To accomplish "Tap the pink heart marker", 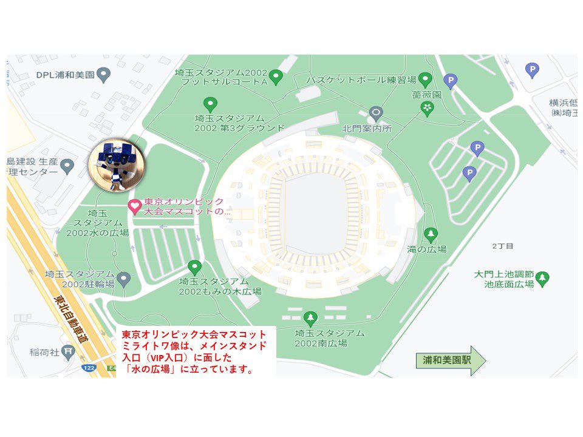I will [134, 207].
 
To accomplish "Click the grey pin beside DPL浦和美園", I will [104, 75].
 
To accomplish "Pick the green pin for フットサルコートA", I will [276, 76].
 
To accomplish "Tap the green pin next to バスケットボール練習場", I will [425, 79].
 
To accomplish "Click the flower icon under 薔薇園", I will [428, 108].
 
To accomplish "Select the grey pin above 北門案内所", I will [376, 113].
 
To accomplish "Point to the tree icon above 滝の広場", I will [431, 234].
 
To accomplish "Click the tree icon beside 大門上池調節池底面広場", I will [543, 279].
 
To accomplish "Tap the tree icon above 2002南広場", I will [310, 317].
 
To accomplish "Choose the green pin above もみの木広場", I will [194, 266].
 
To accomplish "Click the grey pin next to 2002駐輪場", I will [124, 279].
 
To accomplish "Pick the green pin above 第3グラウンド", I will [210, 104].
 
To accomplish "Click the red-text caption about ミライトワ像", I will [194, 351].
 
